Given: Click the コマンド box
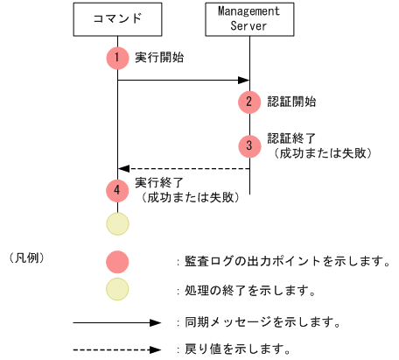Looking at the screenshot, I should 116,18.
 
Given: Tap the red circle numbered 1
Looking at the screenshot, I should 116,58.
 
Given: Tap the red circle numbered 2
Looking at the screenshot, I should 249,102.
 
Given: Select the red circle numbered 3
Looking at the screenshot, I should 249,145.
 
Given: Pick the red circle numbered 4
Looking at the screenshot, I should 116,189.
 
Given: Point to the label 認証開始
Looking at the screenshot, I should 292,102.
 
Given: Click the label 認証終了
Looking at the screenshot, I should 292,138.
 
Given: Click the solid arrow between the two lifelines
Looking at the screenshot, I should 183,81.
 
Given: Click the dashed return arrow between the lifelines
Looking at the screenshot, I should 183,168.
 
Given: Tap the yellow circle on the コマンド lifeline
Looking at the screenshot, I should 116,223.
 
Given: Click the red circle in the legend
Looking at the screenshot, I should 116,261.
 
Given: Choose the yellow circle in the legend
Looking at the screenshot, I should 116,288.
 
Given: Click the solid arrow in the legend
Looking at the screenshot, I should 117,322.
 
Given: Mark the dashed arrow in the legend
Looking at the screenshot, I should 117,349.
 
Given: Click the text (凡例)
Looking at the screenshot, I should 25,259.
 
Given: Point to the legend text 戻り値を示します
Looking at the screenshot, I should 237,349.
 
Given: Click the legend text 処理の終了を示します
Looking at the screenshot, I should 249,289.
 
